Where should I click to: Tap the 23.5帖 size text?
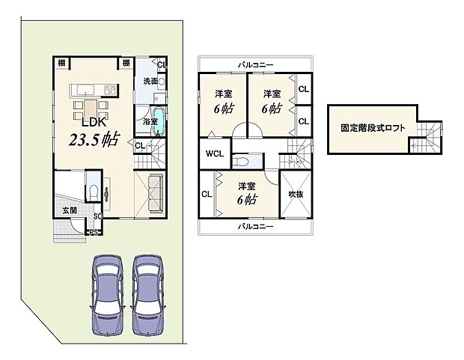95,140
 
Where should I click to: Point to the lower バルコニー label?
255,225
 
